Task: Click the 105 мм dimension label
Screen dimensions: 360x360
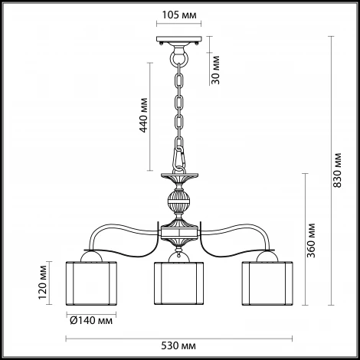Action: point(179,15)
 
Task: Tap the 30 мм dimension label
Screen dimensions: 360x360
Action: point(216,70)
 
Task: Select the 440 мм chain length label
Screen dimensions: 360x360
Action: point(143,115)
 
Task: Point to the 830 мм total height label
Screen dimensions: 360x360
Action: point(337,170)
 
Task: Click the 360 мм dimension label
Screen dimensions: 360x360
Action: point(311,241)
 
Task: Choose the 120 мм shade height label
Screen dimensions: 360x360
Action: point(43,283)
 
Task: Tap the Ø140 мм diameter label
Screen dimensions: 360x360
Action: point(91,320)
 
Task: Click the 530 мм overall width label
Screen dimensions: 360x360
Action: point(178,346)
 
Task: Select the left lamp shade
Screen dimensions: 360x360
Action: point(91,283)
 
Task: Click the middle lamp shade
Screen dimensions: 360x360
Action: point(178,283)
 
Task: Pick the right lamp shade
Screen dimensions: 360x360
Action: point(267,283)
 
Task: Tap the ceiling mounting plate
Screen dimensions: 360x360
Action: point(179,39)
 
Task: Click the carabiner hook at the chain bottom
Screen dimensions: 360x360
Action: point(178,159)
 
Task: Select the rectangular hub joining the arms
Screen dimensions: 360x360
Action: point(179,232)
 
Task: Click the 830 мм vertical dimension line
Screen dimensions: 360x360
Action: point(331,171)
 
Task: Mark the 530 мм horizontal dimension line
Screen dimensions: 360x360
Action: point(179,339)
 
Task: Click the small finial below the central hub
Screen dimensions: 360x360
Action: point(179,251)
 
